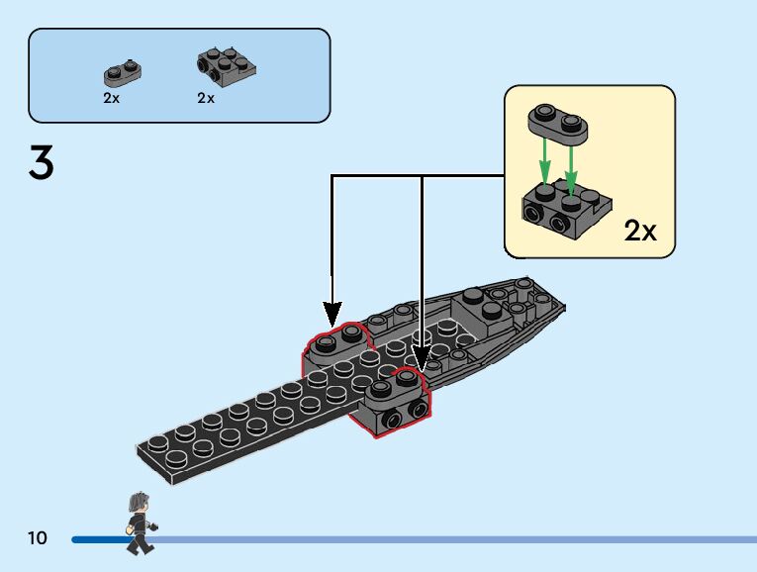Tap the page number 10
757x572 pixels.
coord(38,537)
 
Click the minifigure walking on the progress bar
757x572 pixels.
coord(141,523)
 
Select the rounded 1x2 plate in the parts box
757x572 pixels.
coord(123,73)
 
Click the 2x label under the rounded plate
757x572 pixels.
coord(111,98)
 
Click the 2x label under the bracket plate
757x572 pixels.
coord(206,98)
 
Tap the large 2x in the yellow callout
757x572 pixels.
coord(640,231)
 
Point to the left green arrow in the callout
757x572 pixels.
coord(544,162)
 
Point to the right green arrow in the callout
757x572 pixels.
coord(571,169)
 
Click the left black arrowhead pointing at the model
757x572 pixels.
coord(332,314)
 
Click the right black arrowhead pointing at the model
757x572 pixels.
coord(422,359)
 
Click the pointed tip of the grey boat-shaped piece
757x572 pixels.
coord(564,306)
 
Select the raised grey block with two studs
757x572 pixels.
coord(482,310)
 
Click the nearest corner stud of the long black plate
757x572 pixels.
coord(176,457)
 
